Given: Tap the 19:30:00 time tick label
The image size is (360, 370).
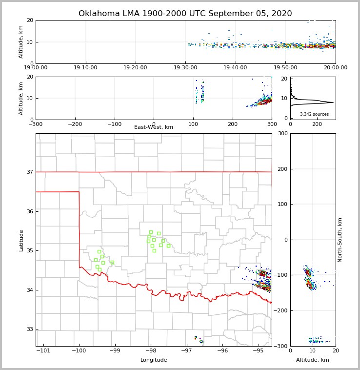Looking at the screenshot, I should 185,68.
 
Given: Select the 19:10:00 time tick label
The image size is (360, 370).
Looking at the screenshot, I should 86,68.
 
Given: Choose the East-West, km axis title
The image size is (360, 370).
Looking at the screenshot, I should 154,127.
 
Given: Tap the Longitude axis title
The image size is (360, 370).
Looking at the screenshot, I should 154,360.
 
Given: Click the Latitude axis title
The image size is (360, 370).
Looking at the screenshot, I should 21,240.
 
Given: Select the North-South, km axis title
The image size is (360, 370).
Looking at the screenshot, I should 340,240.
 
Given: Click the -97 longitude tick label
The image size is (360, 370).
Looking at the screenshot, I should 186,350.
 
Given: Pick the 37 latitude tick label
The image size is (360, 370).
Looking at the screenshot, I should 30,172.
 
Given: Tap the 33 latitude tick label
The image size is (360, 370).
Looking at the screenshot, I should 30,329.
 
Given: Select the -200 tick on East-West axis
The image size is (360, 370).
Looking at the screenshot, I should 75,124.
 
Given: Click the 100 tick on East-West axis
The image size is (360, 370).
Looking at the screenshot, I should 193,124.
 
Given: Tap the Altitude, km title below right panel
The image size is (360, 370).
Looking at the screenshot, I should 313,360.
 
